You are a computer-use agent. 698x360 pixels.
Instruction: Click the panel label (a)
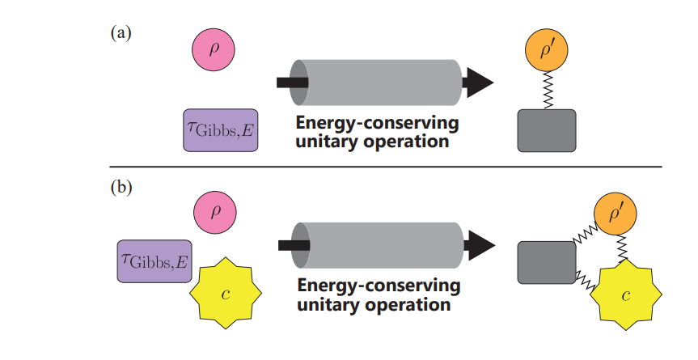(x=121, y=33)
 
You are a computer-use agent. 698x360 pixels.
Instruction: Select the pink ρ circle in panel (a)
(x=214, y=48)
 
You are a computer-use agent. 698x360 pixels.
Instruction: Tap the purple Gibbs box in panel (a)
(x=221, y=130)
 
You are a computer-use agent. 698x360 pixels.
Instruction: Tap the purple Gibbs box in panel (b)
(x=154, y=261)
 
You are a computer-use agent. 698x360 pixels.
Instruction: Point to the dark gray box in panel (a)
(x=546, y=130)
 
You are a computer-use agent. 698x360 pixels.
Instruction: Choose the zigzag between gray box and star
(x=586, y=280)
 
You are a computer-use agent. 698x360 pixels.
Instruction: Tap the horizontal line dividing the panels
(x=388, y=167)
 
